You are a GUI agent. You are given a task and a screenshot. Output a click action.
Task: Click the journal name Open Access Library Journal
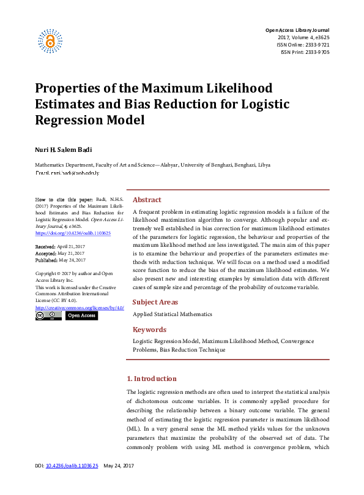click(297, 30)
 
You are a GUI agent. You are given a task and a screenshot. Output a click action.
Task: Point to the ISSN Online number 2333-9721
click(316, 45)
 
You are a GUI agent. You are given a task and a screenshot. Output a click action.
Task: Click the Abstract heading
click(147, 200)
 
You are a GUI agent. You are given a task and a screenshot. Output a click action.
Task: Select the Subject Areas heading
click(155, 302)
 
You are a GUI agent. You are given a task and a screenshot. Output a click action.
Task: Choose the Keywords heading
click(149, 330)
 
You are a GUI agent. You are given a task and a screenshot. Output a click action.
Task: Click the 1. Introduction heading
click(151, 379)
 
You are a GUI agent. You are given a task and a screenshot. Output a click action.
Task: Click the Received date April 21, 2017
click(71, 246)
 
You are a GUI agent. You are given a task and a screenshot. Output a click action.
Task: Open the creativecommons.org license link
click(80, 308)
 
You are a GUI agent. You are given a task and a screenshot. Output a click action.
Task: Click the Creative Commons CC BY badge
click(48, 316)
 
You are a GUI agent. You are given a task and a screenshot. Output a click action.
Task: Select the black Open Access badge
click(81, 316)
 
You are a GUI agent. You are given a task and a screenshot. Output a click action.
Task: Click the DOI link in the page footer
click(72, 483)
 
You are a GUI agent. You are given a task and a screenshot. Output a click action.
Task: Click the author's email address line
click(67, 173)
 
